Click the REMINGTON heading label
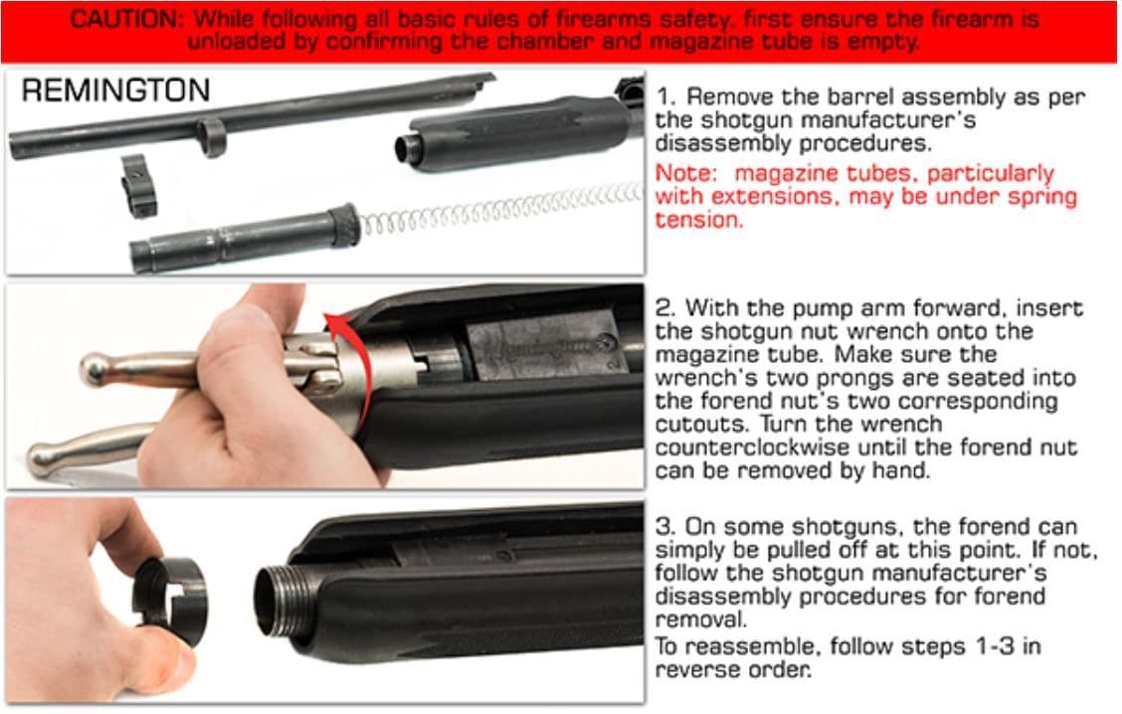coord(115,91)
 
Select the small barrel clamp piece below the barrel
coord(139,184)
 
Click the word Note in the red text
coord(683,173)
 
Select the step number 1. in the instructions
coord(665,97)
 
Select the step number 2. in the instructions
coord(665,308)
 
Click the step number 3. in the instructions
coord(665,527)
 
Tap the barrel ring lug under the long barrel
coord(211,136)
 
